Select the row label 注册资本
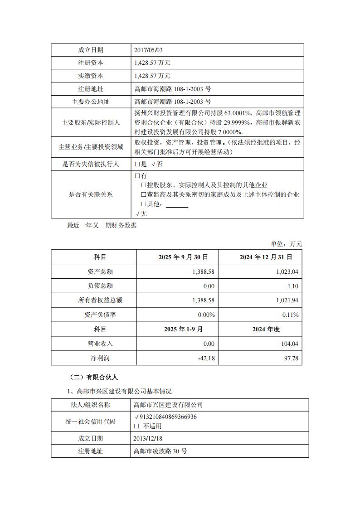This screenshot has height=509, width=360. [91, 63]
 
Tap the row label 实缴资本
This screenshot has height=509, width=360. [91, 76]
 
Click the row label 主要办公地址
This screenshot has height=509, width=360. [91, 102]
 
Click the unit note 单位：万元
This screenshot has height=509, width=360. [287, 244]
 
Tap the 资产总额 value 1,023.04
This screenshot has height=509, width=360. [287, 271]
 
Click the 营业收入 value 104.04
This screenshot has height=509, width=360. [289, 344]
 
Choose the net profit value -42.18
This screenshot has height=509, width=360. [206, 359]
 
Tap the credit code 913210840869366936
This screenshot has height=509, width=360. [168, 417]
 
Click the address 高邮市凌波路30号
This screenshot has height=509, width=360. [160, 451]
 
